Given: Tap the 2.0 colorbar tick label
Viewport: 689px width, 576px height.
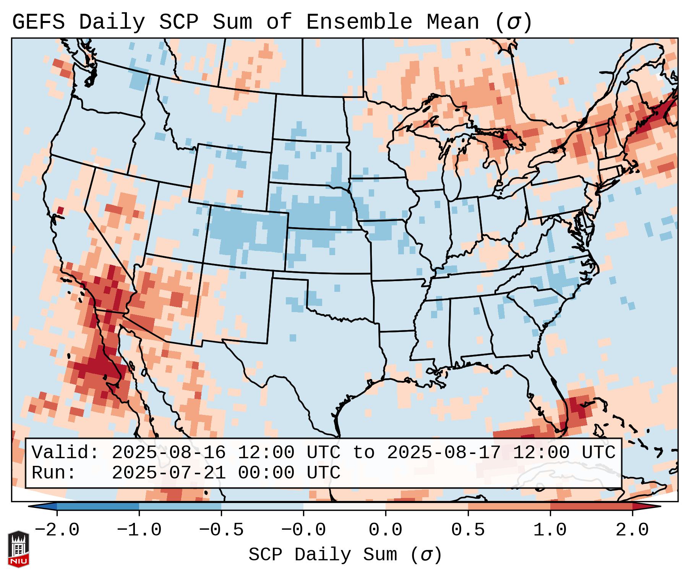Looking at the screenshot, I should (632, 530).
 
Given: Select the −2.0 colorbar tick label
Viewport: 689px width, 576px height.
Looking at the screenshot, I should (57, 530).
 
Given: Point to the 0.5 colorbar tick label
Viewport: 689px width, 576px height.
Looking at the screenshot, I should (468, 530).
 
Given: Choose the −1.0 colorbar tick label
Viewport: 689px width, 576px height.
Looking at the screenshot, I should (139, 530).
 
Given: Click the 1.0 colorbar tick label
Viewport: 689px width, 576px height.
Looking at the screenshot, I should (550, 530).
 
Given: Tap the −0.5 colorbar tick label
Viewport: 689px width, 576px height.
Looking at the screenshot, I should (221, 530).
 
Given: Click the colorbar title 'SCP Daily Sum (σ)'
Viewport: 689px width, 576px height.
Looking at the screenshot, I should (345, 555).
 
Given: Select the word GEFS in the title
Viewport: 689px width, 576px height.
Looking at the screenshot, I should (38, 22).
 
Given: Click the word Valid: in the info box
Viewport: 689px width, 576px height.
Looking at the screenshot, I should (65, 452).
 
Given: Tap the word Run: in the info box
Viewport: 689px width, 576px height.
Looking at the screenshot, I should (54, 473).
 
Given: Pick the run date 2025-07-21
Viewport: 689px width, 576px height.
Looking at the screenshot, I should (169, 473).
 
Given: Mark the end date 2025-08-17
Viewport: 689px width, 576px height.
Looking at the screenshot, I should (444, 452).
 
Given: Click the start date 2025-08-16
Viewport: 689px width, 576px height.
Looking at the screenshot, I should (169, 452).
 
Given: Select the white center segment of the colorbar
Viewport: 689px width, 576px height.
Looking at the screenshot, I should (344, 506).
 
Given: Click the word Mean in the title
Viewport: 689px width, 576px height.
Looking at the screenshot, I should (452, 22).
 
